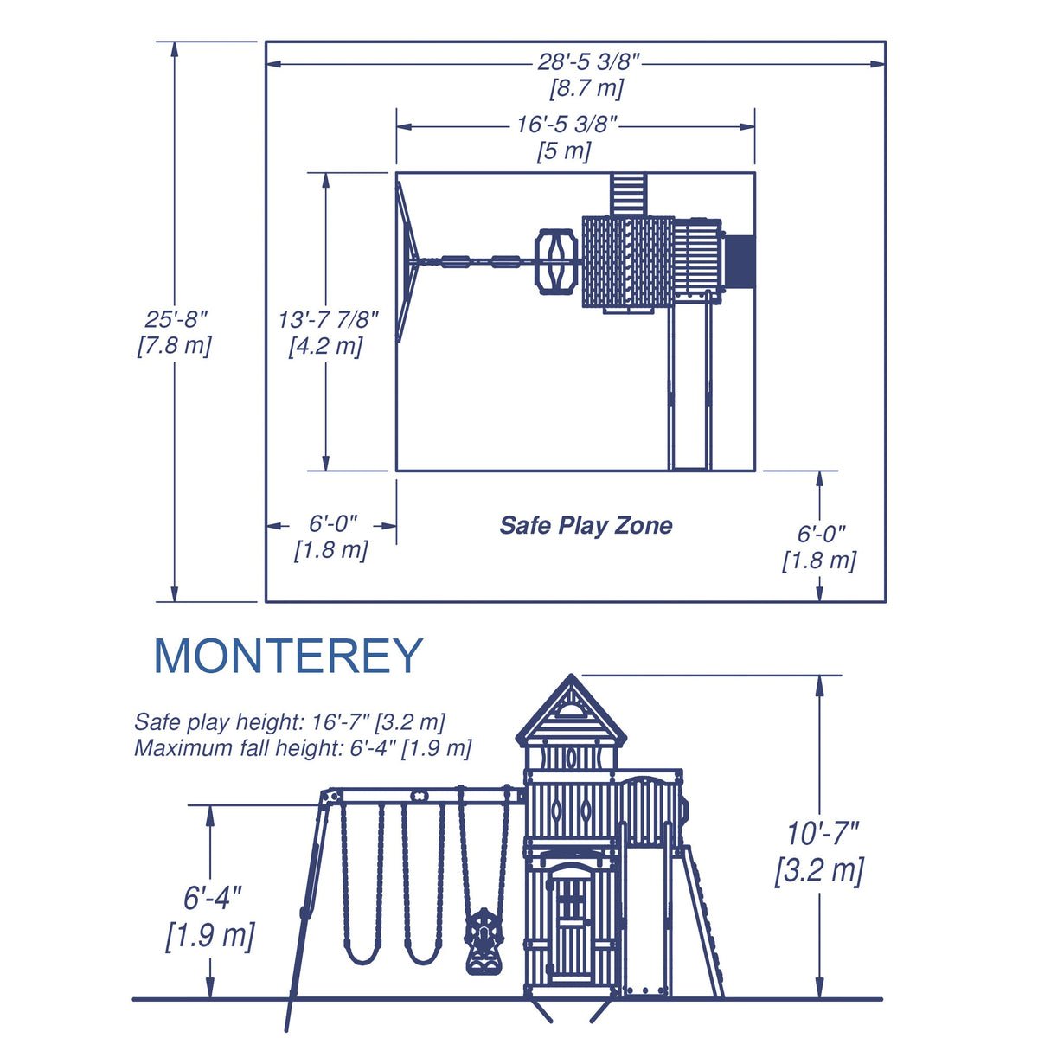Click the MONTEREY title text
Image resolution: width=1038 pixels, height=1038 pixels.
pyautogui.click(x=287, y=657)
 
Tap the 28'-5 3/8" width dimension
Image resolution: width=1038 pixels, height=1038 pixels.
pyautogui.click(x=588, y=62)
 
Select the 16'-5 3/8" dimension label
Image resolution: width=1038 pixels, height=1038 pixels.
pyautogui.click(x=567, y=125)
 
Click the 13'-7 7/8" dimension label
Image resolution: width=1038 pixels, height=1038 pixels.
pyautogui.click(x=328, y=319)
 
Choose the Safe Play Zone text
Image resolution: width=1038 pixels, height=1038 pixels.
pyautogui.click(x=586, y=525)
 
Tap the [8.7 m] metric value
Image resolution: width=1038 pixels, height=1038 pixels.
pyautogui.click(x=586, y=88)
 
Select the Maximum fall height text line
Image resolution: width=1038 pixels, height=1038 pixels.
pyautogui.click(x=303, y=748)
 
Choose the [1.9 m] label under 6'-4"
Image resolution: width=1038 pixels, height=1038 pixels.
pyautogui.click(x=210, y=935)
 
